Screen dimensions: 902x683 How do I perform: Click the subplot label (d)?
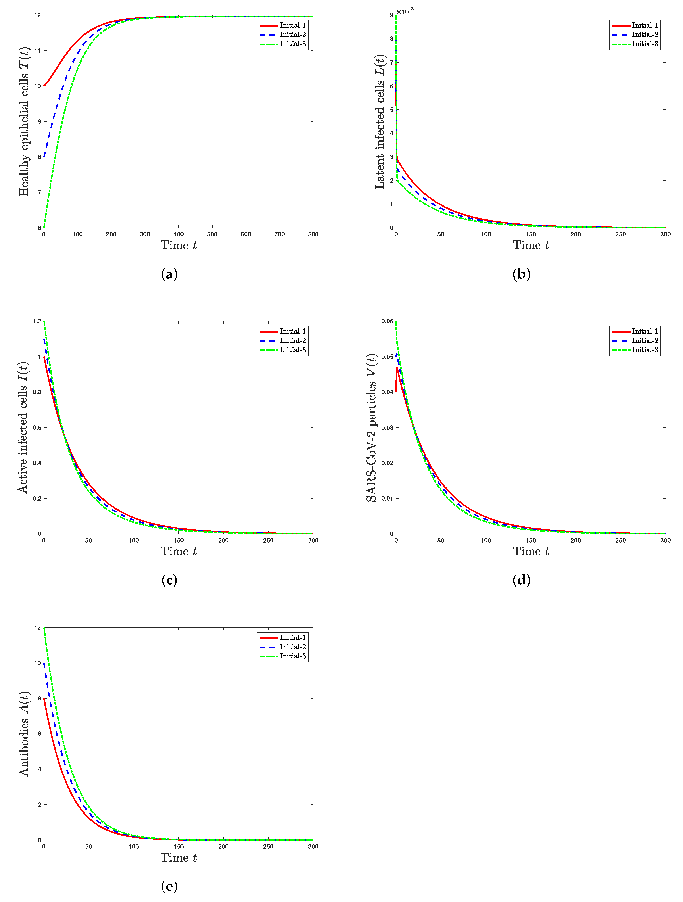pos(521,580)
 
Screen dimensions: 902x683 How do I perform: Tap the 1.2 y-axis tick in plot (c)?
pos(37,321)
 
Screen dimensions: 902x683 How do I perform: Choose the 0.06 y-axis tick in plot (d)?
pos(387,321)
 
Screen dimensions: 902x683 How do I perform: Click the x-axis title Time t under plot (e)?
pos(178,858)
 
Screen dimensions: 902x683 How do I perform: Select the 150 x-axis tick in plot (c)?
pos(178,540)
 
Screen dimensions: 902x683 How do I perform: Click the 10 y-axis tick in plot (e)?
pos(38,663)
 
